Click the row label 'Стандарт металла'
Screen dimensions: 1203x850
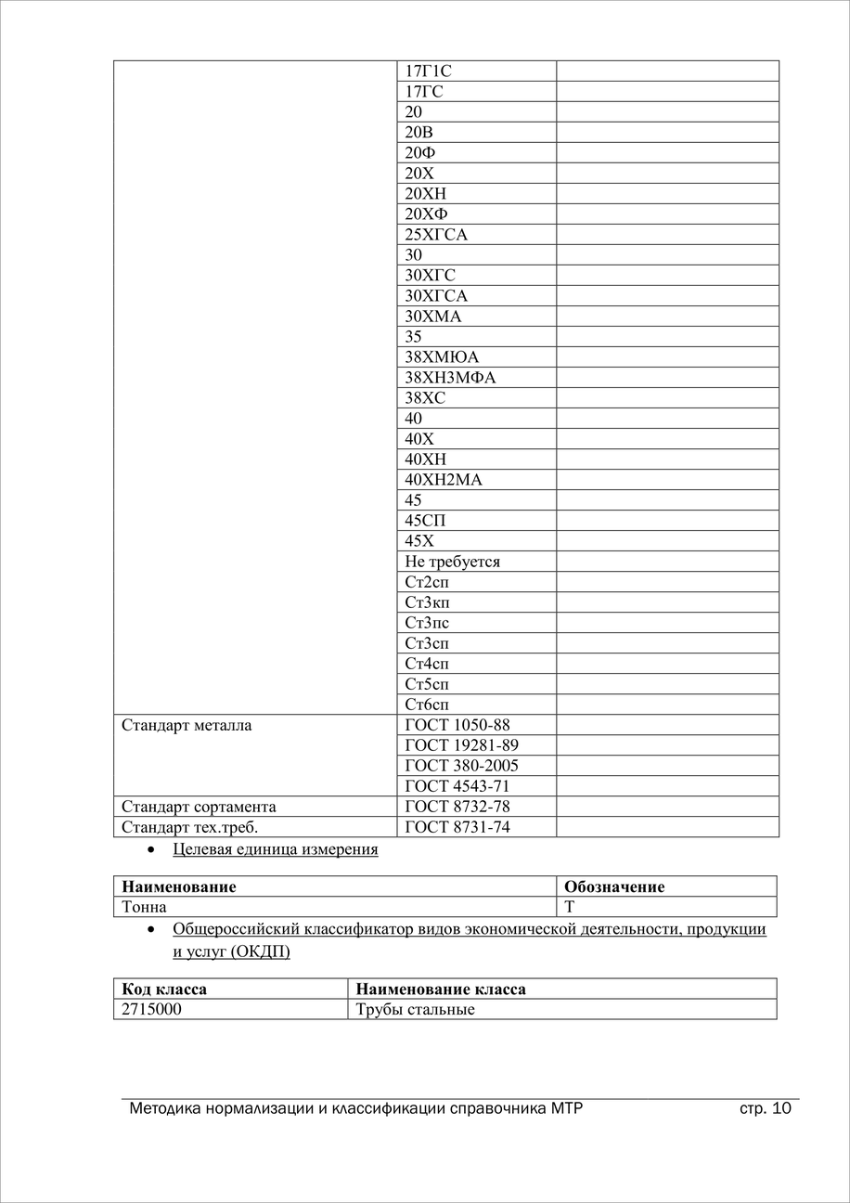[187, 725]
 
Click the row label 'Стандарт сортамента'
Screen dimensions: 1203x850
[199, 807]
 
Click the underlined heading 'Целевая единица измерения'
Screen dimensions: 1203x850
[275, 849]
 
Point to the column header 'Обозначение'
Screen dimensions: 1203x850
[614, 886]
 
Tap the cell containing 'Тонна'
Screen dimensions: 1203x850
[145, 907]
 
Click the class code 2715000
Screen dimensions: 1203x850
[151, 1009]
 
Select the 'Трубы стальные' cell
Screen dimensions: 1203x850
[415, 1009]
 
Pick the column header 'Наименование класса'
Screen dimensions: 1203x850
[440, 989]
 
